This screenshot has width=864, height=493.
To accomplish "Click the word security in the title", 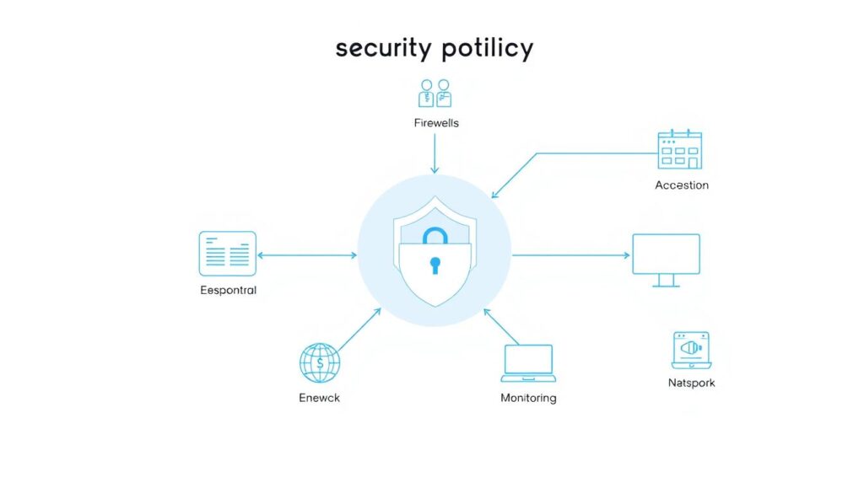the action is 384,48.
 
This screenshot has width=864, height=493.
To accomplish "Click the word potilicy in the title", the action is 488,48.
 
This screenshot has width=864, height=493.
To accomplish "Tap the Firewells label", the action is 436,123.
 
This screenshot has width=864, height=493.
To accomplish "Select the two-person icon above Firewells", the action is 435,93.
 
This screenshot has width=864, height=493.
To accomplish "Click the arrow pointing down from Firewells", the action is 435,153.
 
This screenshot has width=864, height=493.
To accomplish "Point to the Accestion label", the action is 682,185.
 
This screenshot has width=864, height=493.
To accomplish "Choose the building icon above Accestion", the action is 680,150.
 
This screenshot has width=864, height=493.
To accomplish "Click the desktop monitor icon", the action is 667,260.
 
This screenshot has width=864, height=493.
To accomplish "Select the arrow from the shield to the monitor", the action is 571,255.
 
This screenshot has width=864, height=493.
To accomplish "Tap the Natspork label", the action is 692,383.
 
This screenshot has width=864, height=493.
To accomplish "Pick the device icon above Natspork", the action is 692,351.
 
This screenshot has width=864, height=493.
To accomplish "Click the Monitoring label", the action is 528,398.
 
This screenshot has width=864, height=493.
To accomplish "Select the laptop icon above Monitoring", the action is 528,363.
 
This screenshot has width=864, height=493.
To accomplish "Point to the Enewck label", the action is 320,398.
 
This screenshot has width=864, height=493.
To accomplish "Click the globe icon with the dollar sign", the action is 320,363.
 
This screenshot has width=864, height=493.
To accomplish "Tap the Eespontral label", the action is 228,290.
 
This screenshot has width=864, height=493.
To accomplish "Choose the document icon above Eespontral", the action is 228,254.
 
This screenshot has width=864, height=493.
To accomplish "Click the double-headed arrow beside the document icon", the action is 307,255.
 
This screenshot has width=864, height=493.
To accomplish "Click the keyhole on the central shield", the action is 435,265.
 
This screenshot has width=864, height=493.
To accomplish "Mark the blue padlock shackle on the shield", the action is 435,229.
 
